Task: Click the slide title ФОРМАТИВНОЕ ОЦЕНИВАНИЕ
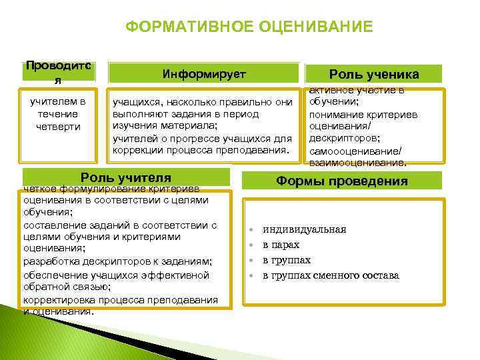(x=249, y=27)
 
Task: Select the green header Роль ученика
(x=374, y=74)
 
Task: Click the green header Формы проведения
(x=342, y=181)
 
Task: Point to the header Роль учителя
(x=126, y=178)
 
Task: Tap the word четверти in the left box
(x=59, y=127)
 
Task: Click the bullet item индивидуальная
(x=304, y=229)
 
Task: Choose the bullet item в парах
(x=281, y=245)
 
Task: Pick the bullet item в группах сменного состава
(x=331, y=275)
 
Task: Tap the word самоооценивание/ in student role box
(x=353, y=151)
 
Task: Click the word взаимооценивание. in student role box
(x=357, y=163)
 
